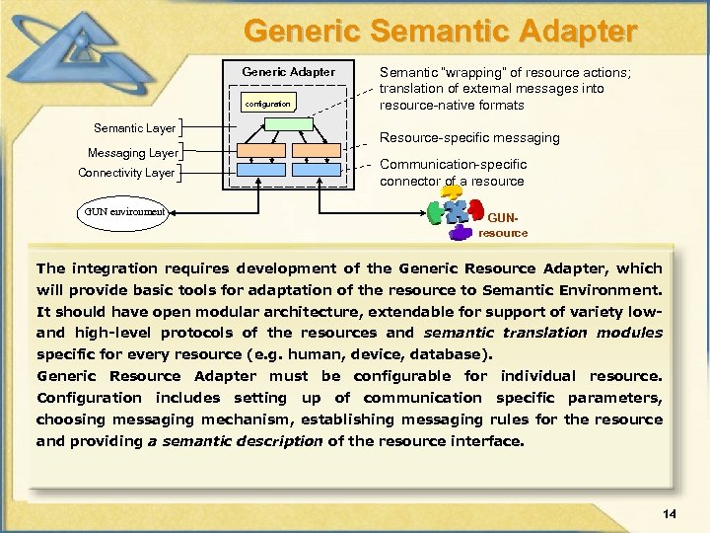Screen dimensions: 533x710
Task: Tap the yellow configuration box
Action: click(266, 103)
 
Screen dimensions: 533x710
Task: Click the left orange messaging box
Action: click(261, 150)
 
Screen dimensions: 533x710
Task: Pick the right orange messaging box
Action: click(317, 150)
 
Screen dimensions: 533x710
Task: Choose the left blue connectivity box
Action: click(261, 170)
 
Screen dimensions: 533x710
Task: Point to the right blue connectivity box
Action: click(317, 170)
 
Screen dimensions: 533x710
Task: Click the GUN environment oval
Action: click(123, 212)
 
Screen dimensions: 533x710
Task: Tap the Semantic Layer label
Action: click(134, 128)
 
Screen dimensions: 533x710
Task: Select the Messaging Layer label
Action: click(132, 153)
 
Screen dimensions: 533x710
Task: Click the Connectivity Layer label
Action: click(126, 173)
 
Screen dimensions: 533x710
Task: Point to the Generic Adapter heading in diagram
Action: click(288, 71)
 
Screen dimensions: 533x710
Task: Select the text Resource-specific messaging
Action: click(469, 138)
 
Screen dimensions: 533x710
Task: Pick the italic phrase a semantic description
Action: click(235, 441)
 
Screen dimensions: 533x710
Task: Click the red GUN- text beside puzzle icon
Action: click(501, 217)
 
